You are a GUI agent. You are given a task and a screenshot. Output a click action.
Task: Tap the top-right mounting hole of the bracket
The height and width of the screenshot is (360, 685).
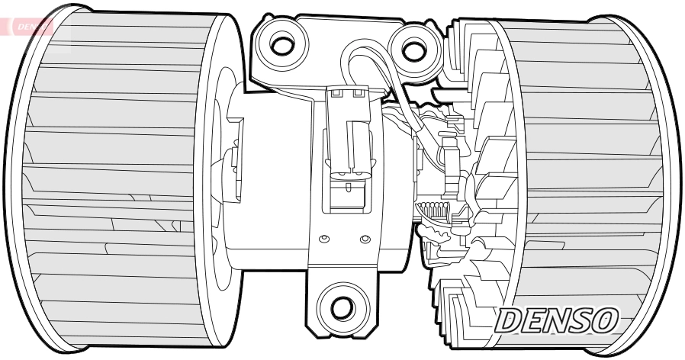(413, 50)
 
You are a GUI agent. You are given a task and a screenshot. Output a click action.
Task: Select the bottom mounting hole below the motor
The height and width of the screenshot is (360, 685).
(342, 307)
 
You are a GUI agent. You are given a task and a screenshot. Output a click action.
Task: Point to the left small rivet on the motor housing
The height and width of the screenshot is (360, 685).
(324, 240)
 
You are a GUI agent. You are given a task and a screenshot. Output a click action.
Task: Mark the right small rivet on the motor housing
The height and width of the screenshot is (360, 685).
(365, 240)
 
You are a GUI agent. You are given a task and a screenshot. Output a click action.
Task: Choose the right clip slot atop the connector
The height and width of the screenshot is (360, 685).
(357, 95)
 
